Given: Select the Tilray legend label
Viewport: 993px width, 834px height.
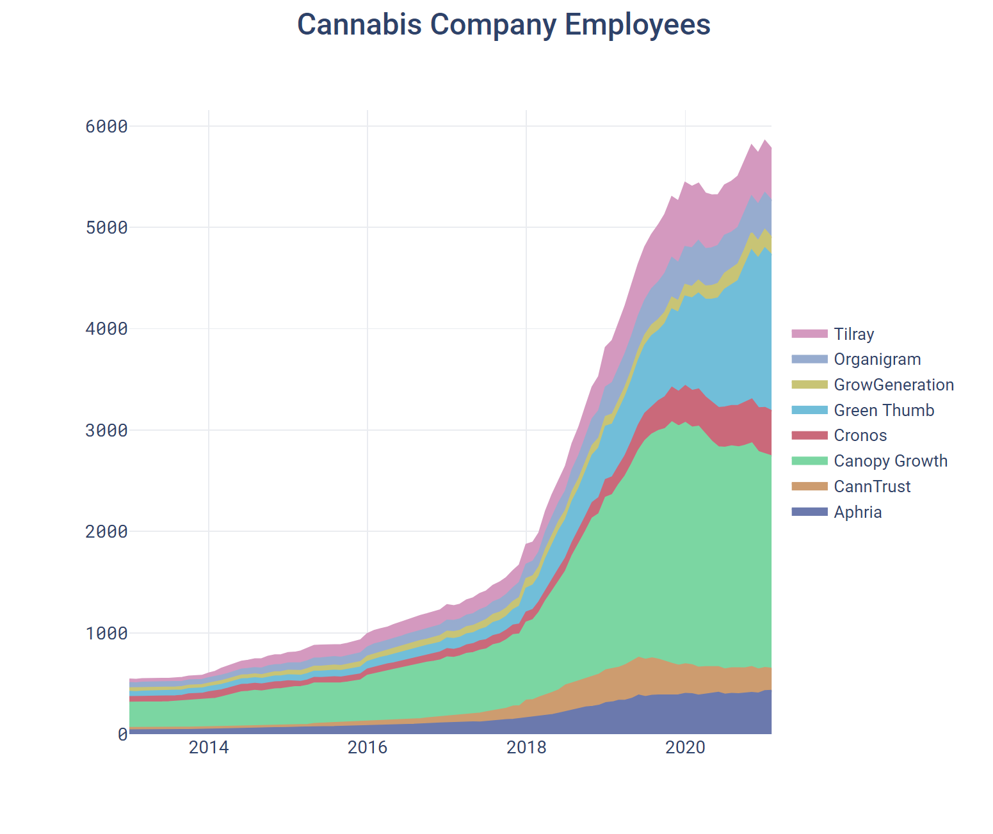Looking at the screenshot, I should (853, 334).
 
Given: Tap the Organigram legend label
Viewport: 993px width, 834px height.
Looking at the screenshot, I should (877, 360).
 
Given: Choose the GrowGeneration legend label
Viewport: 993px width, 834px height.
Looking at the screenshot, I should (894, 385).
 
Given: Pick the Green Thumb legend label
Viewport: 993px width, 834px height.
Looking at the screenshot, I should (884, 410).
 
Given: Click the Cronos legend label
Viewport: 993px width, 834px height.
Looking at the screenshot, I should (860, 436).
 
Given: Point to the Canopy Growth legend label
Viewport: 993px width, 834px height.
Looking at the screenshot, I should (890, 461).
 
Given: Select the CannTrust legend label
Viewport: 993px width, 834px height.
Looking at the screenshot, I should (872, 486).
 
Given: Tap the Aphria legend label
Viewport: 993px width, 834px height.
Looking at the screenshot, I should (857, 512).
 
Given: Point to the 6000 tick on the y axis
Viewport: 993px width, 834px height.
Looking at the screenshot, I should (106, 126).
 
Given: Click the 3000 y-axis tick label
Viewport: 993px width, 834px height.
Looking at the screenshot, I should (106, 430).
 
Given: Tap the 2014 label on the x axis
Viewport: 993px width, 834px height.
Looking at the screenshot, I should (209, 748).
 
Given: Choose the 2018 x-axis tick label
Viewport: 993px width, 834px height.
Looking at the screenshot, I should (526, 748).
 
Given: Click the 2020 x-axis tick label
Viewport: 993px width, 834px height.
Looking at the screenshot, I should (685, 748).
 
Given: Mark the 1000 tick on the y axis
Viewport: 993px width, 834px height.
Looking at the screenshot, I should (106, 633).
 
